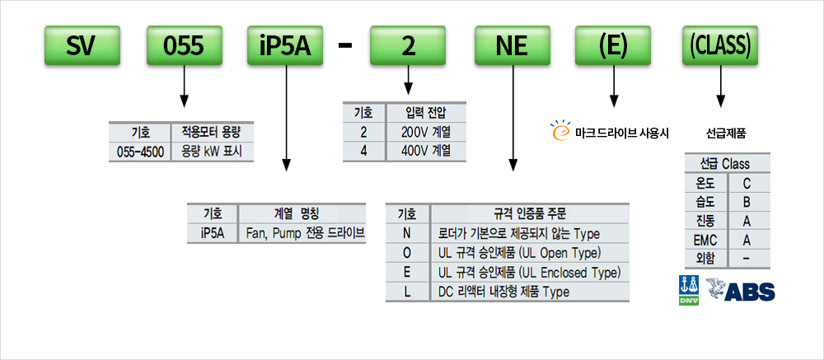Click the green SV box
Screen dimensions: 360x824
coord(79,47)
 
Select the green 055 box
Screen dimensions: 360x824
coord(183,47)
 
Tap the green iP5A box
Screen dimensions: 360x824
coord(285,47)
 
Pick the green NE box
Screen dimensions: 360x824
coord(512,47)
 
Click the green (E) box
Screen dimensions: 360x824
coord(613,47)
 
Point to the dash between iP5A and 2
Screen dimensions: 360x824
coord(345,47)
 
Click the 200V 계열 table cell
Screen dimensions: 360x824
coord(426,132)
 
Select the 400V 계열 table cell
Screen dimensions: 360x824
coord(426,151)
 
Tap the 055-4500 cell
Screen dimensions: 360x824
coord(139,152)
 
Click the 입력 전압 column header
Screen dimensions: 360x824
coord(426,112)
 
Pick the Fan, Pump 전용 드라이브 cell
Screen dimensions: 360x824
coord(305,232)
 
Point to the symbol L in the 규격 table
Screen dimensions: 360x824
coord(407,292)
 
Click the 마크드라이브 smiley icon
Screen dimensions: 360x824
coord(560,129)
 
